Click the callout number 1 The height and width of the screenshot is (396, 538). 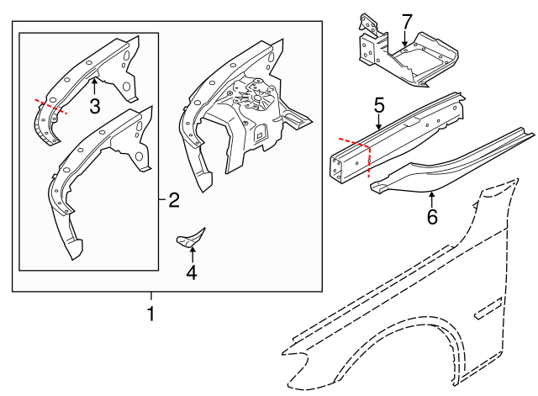(151, 315)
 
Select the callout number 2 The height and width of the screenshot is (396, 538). (174, 200)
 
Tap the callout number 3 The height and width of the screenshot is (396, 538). (94, 106)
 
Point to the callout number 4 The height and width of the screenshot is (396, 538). (191, 272)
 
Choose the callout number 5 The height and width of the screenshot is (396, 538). (379, 106)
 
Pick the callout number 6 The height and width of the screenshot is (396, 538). (432, 217)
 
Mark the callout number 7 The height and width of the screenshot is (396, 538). (407, 19)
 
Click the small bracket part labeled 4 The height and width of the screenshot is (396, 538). (192, 238)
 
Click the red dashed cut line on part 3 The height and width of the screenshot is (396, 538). (50, 105)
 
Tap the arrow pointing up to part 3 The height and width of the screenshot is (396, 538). (94, 86)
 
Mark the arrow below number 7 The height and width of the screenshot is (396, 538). (404, 37)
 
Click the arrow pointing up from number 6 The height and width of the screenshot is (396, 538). (431, 199)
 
